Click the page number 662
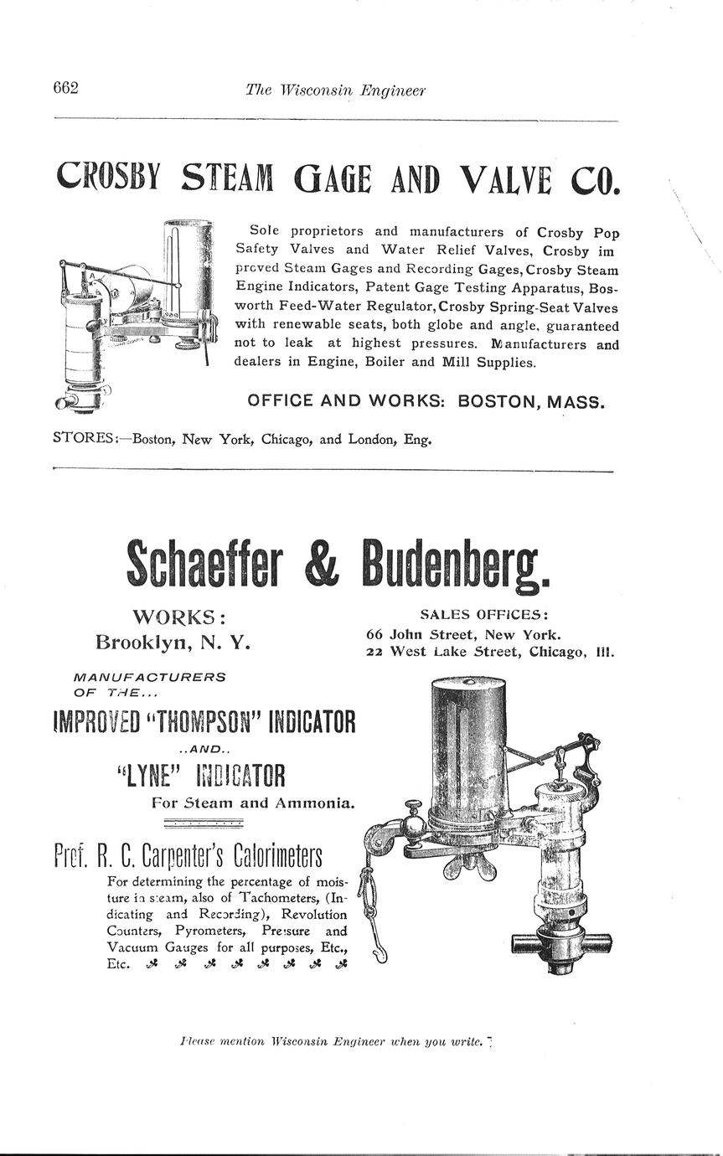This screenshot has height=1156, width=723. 65,88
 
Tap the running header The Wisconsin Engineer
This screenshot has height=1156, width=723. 335,90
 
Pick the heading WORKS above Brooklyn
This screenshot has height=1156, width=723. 178,618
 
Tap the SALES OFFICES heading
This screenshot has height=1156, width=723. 484,614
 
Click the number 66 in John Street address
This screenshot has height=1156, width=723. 375,634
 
